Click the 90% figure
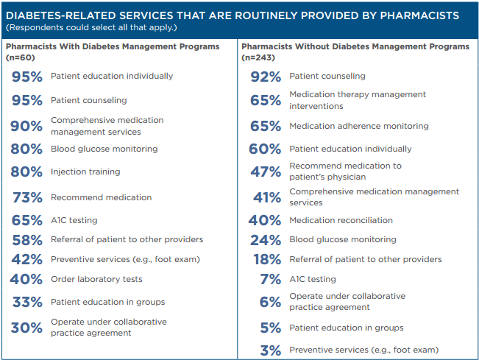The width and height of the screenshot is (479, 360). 26,126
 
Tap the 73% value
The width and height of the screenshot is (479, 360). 26,197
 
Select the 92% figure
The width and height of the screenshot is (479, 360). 265,76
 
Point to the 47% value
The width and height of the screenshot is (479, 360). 265,172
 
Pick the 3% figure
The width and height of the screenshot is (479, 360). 270,350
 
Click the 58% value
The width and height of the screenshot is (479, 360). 26,239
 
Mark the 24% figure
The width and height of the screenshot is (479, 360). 265,239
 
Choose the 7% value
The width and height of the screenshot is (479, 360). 270,279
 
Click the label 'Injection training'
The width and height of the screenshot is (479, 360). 85,172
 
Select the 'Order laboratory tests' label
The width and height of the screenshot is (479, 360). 96,279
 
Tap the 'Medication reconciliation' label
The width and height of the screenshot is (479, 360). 341,220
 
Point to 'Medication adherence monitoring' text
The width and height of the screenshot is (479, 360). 359,126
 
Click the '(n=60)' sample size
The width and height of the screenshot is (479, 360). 21,57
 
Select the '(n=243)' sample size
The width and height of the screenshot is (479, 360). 262,57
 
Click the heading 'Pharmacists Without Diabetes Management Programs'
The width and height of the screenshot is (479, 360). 355,46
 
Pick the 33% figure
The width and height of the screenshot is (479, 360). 26,302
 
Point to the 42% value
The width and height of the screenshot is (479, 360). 26,259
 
